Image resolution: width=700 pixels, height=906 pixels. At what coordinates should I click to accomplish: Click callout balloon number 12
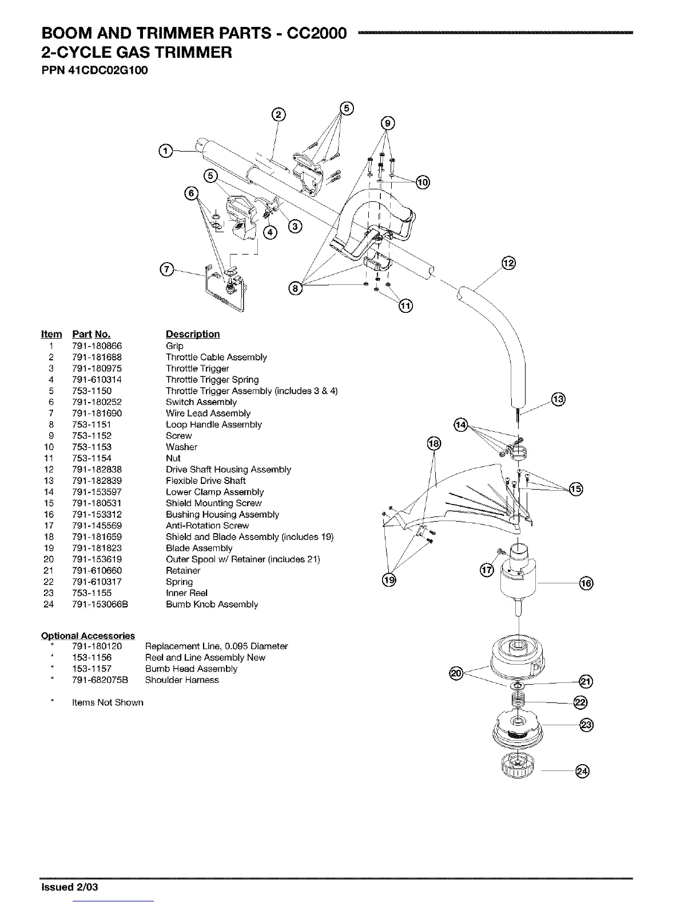pos(508,263)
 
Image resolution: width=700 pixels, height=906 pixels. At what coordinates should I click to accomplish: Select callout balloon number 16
pos(586,583)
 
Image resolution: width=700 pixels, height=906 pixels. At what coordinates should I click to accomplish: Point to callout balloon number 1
pos(165,151)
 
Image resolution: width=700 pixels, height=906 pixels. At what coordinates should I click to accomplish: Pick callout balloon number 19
pos(389,581)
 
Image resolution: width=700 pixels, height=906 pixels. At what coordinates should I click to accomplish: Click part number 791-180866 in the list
pos(97,346)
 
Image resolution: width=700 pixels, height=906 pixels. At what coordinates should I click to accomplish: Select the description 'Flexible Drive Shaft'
pos(205,480)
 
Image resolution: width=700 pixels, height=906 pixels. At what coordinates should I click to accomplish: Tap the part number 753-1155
pos(92,593)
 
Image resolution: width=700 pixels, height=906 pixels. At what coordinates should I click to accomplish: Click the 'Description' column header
pos(192,335)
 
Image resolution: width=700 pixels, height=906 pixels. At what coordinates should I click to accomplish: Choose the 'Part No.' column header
pos(91,335)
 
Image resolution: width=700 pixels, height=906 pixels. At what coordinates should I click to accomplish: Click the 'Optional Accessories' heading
pos(88,635)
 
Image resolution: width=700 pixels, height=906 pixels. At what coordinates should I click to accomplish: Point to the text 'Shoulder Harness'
pos(182,680)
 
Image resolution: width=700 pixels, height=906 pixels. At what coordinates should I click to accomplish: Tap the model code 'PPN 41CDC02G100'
pos(90,71)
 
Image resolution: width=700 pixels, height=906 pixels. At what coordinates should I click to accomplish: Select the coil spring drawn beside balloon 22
pos(518,700)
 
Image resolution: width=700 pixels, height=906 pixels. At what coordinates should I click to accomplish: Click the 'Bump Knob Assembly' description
pos(212,604)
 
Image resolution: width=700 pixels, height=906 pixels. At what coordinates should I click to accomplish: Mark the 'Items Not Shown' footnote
pos(108,702)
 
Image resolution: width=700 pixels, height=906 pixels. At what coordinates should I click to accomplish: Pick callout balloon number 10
pos(422,182)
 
